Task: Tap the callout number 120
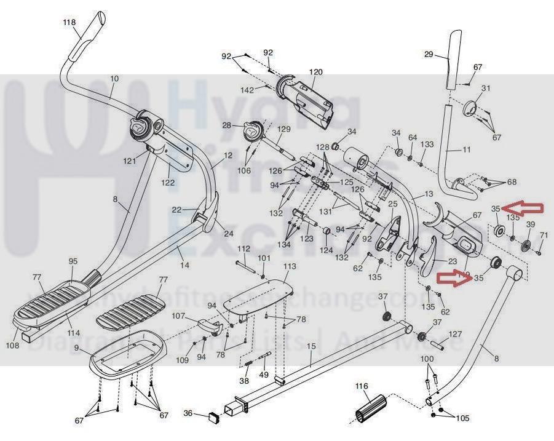(315, 72)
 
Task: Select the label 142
(247, 90)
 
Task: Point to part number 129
(283, 129)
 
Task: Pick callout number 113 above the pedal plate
(290, 266)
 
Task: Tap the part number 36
(189, 413)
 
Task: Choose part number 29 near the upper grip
(429, 55)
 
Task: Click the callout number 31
(486, 89)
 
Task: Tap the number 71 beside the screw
(544, 236)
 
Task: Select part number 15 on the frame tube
(311, 346)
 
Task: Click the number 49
(264, 375)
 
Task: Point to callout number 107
(178, 316)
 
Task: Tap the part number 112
(244, 248)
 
